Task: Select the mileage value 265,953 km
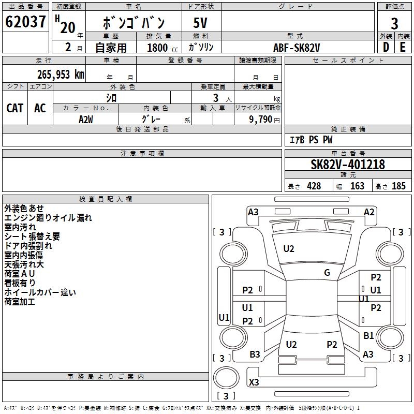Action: coord(61,74)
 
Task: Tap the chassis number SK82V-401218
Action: coord(347,165)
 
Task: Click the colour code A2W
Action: coord(86,119)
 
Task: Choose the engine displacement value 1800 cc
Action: coord(160,48)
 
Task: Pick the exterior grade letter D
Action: coord(386,47)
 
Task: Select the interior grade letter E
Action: coord(403,47)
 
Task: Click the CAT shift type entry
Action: coord(14,108)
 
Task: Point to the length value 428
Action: coord(314,186)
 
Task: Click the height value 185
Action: coord(398,186)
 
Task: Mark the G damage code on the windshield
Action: coord(327,273)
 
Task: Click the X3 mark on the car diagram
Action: coord(254,382)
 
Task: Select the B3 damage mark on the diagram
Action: coord(255,354)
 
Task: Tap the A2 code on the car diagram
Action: coord(369,212)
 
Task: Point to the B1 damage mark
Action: coord(368,336)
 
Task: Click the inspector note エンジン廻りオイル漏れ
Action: coord(48,218)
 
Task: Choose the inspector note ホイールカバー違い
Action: coord(40,292)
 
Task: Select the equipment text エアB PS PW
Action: coord(311,140)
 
